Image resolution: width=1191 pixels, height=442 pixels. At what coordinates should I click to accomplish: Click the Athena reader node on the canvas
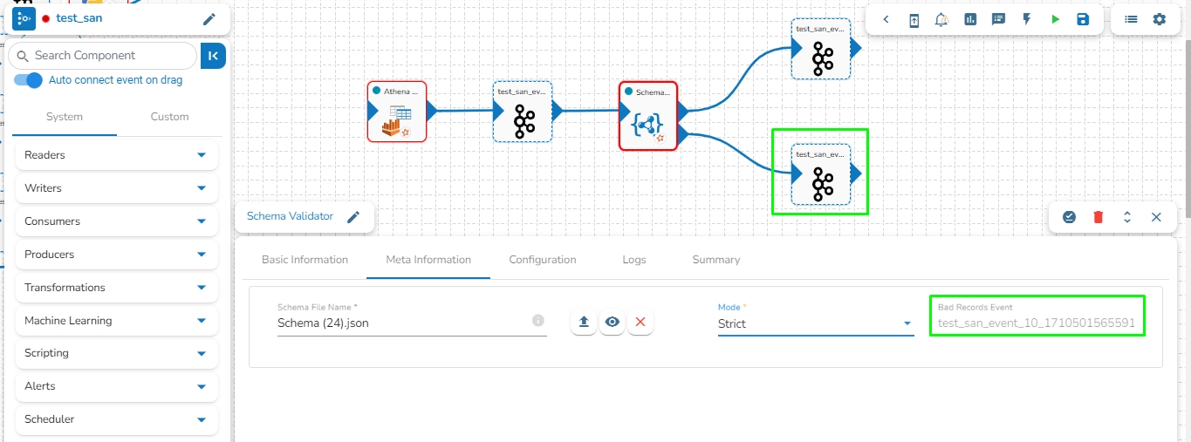[x=397, y=112]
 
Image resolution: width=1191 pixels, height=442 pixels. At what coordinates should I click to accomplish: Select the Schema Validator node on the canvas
[x=648, y=116]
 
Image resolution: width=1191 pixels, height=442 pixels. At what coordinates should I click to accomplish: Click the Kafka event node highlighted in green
[x=820, y=174]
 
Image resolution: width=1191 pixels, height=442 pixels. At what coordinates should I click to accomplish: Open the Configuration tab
[x=543, y=260]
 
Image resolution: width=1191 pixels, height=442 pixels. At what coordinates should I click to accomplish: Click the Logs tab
[x=634, y=260]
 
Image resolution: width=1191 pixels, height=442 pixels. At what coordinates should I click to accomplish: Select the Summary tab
[x=715, y=260]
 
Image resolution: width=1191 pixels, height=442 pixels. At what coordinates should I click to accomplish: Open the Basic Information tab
[x=305, y=260]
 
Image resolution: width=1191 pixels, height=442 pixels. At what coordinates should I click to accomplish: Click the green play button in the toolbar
[x=1055, y=19]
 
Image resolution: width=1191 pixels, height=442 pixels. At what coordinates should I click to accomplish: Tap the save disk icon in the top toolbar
[x=1083, y=19]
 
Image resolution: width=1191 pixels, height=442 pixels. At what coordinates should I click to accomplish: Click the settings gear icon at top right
[x=1159, y=19]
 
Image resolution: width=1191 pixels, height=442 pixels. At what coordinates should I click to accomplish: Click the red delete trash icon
[x=1099, y=217]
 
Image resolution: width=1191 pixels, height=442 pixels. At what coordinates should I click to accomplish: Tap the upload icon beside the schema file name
[x=584, y=323]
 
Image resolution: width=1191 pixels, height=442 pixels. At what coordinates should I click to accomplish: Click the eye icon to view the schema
[x=613, y=323]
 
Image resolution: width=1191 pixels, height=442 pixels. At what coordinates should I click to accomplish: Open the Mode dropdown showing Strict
[x=815, y=323]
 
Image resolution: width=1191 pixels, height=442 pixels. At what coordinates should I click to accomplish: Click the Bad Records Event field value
[x=1037, y=323]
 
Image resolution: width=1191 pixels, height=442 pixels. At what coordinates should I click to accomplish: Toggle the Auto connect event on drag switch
[x=29, y=80]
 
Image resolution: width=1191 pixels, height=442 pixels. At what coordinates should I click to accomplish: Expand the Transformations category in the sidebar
[x=116, y=288]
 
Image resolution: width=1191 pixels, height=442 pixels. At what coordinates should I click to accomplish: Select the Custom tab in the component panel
[x=169, y=117]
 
